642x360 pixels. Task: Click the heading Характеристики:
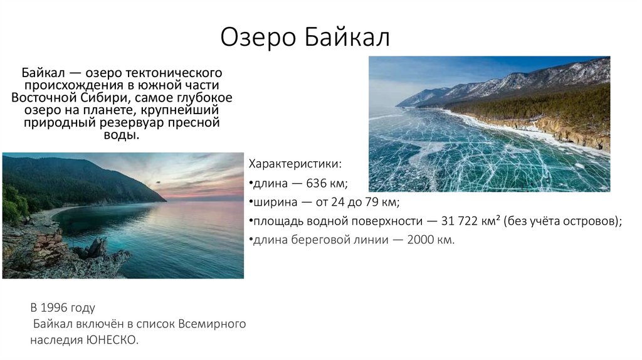[x=295, y=164]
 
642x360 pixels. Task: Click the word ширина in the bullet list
[x=273, y=203]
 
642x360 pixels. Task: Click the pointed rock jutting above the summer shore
[x=97, y=246]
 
